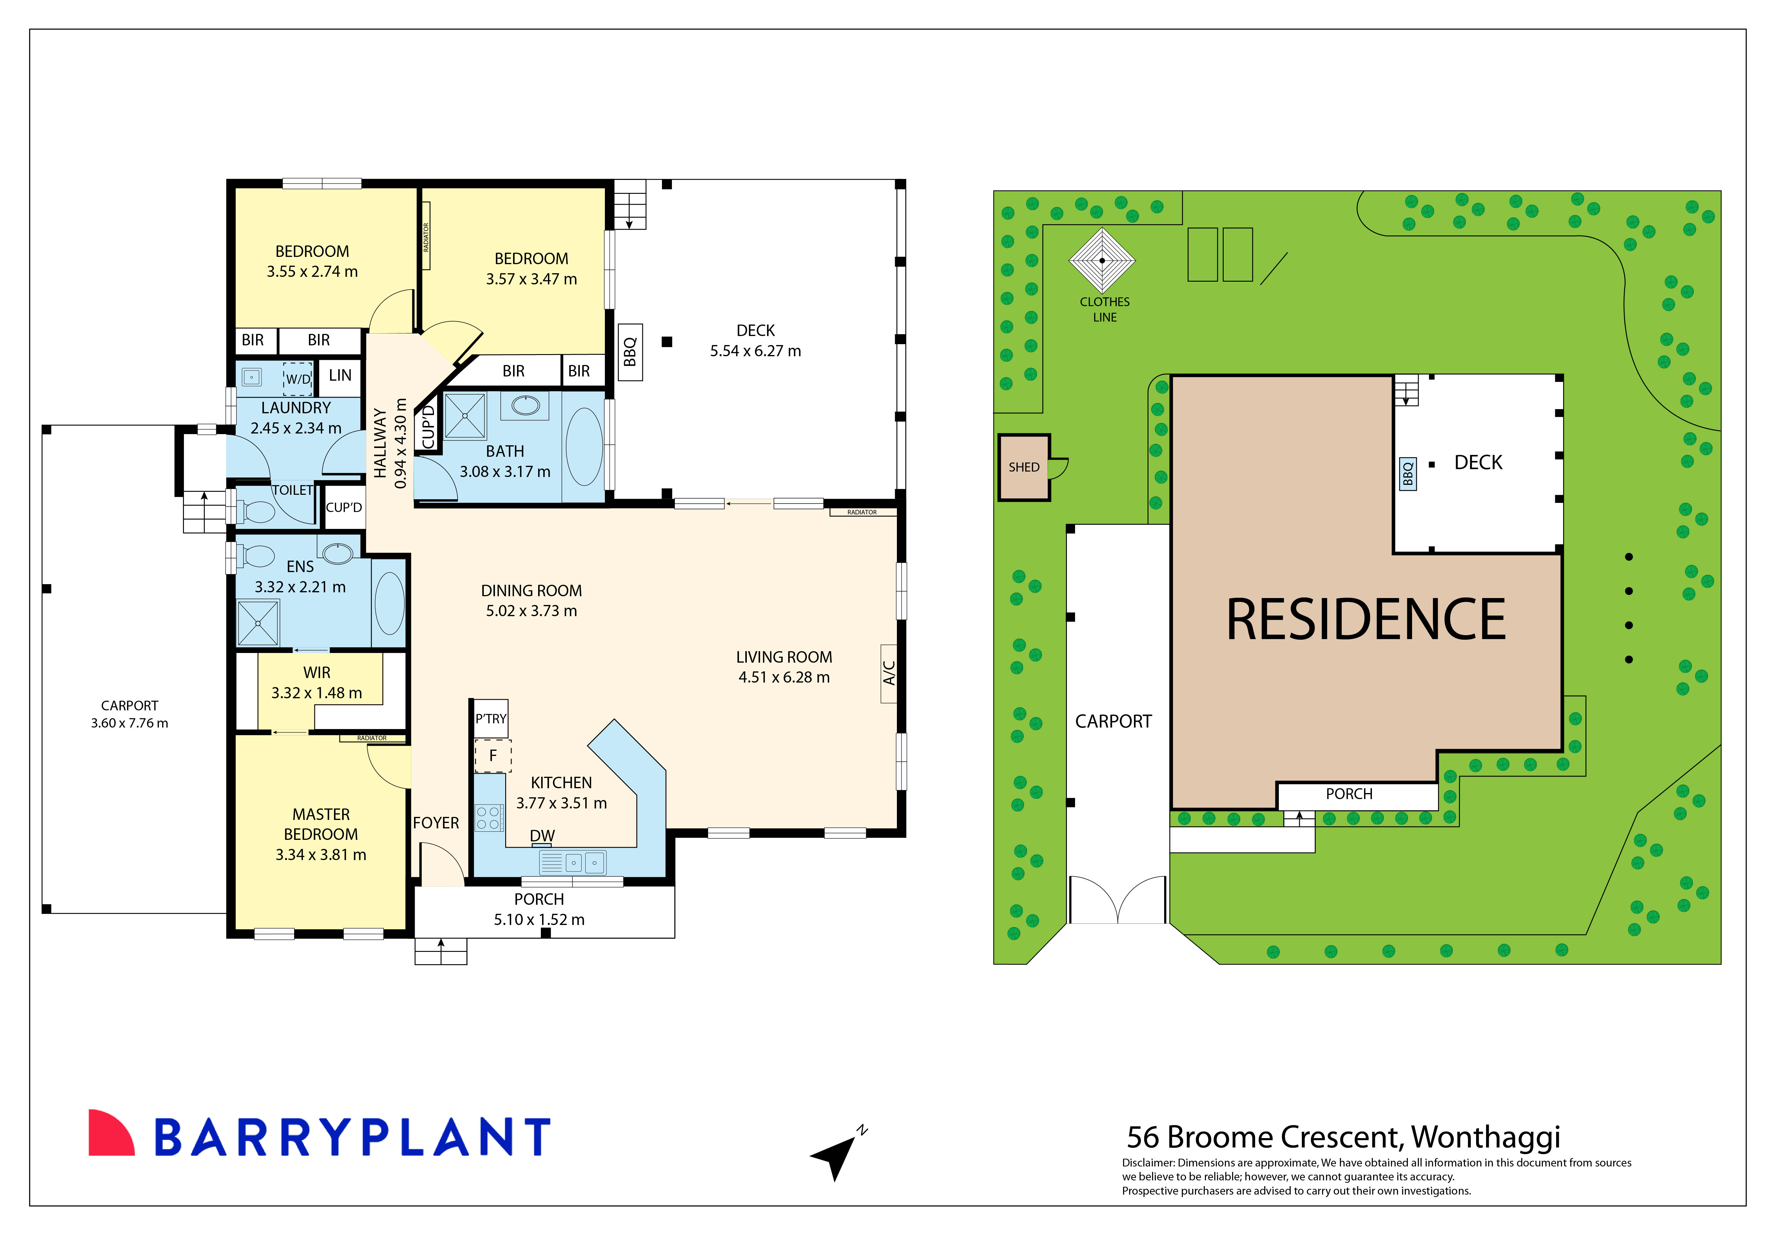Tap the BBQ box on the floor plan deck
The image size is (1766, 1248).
pyautogui.click(x=630, y=352)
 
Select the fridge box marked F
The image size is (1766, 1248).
pyautogui.click(x=492, y=756)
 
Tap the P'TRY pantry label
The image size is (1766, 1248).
pyautogui.click(x=491, y=719)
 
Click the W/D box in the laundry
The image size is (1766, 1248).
pyautogui.click(x=298, y=378)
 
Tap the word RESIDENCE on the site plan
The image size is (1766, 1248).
pyautogui.click(x=1365, y=620)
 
